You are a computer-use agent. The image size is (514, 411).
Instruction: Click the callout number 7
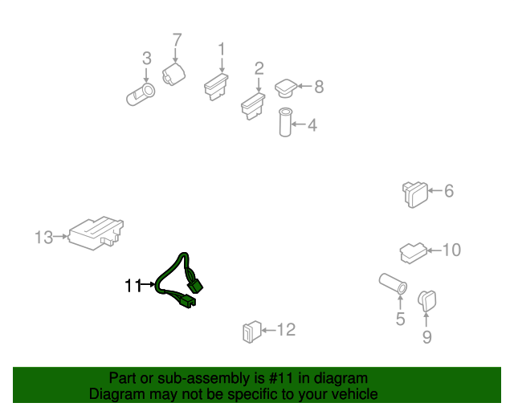[177, 40]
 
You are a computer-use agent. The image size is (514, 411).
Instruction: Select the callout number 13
[44, 238]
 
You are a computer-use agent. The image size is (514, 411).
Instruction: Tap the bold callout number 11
[133, 286]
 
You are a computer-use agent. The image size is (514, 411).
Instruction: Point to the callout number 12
[287, 330]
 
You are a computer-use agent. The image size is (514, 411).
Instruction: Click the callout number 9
[426, 337]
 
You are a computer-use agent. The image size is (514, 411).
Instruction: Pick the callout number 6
[449, 191]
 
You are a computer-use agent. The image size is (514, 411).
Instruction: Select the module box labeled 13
[96, 233]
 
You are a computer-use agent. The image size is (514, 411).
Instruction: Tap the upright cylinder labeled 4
[285, 122]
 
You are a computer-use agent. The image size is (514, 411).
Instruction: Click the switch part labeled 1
[216, 87]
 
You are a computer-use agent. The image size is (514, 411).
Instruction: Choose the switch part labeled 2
[253, 106]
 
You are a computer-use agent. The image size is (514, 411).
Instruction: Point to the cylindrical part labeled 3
[141, 95]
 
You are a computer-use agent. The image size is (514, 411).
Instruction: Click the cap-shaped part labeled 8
[286, 88]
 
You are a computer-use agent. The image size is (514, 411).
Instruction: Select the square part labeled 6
[415, 194]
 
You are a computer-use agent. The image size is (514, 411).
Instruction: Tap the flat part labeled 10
[413, 253]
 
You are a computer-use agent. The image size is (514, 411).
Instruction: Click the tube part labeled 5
[393, 284]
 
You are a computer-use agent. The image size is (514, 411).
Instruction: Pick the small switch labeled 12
[251, 332]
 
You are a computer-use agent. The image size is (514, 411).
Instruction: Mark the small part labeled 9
[427, 300]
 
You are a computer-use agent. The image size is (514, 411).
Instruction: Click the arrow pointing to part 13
[60, 236]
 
